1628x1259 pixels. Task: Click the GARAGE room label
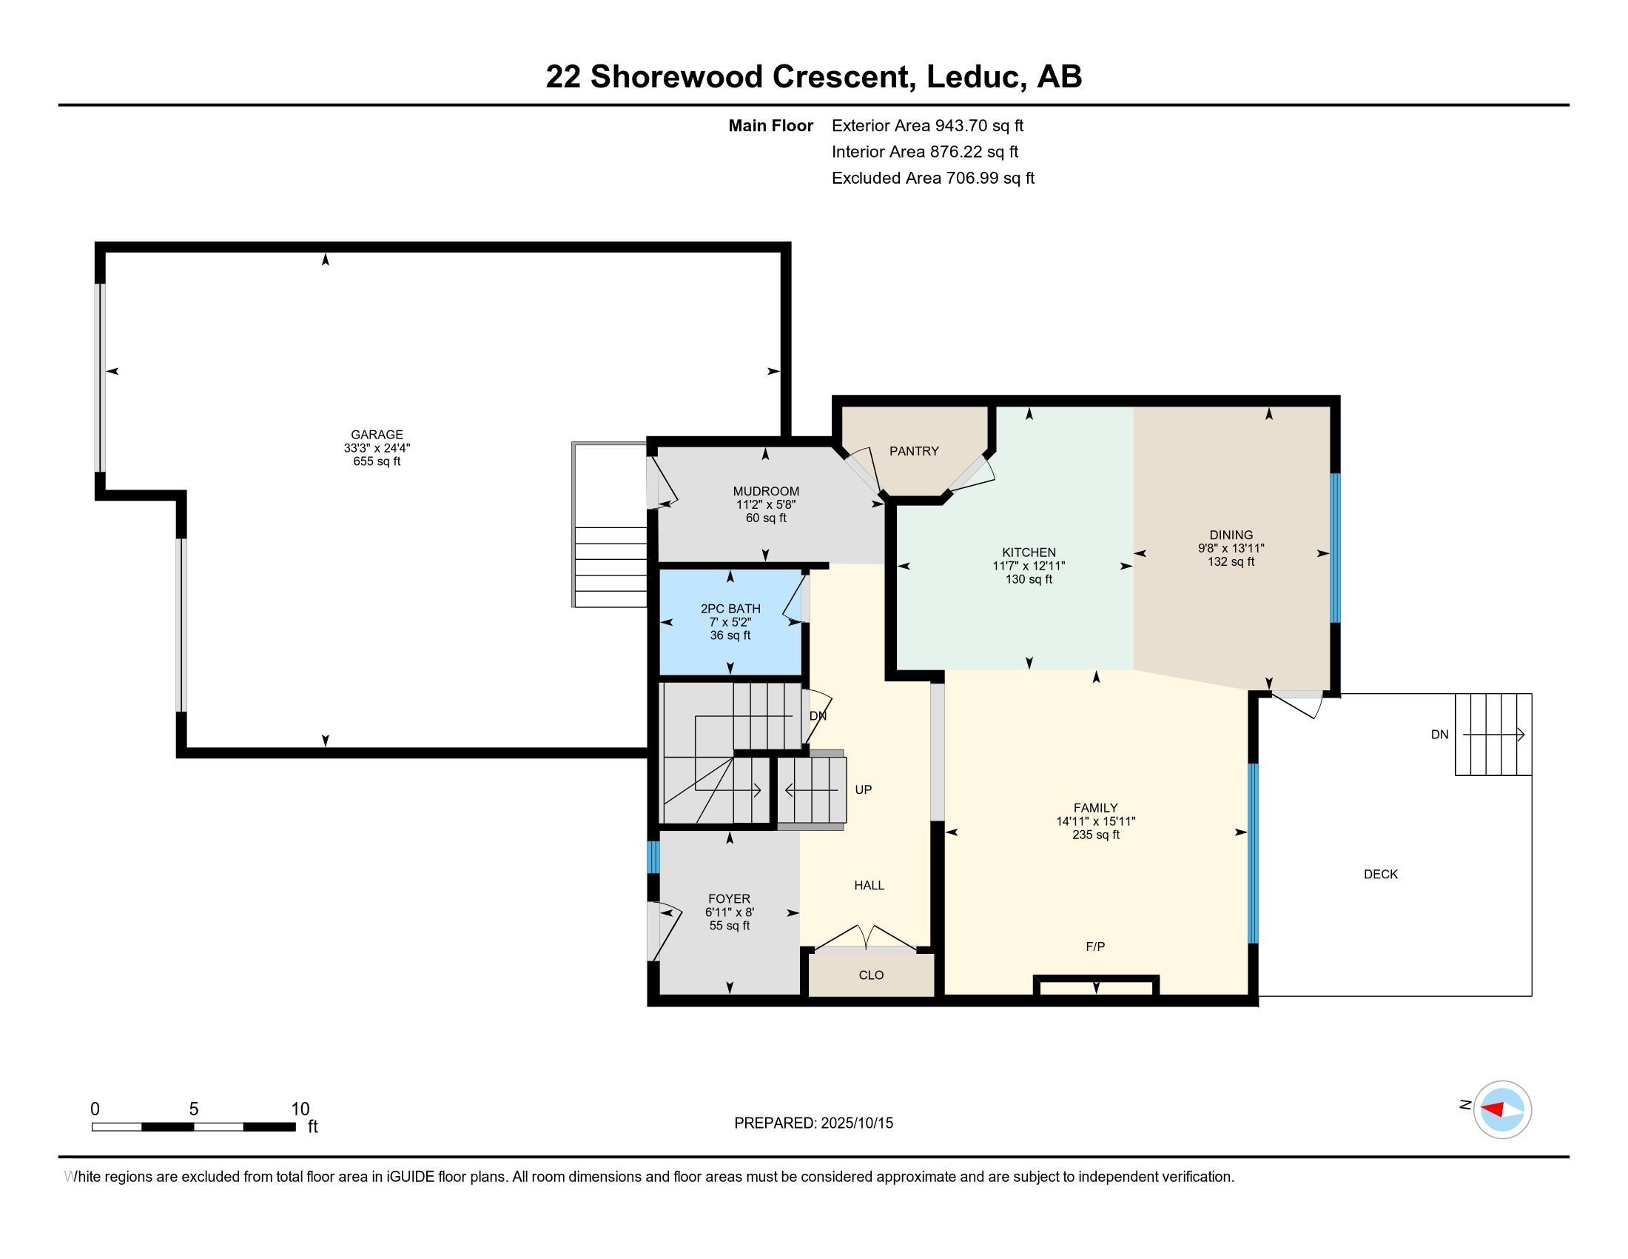pos(377,434)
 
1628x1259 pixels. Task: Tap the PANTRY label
pos(914,451)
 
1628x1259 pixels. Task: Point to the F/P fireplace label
pos(1095,946)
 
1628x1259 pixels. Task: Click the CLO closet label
pos(871,975)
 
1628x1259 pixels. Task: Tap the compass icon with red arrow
pos(1502,1109)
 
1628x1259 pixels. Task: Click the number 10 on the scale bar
pos(300,1109)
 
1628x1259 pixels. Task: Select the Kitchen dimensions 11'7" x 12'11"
pos(1029,566)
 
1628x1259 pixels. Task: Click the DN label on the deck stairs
pos(1439,735)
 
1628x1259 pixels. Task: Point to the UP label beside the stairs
pos(863,789)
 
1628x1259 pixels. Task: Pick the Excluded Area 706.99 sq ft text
pos(932,178)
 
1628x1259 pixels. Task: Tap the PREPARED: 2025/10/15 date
pos(813,1123)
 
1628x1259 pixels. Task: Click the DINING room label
pos(1231,535)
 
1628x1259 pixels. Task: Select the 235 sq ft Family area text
pos(1096,835)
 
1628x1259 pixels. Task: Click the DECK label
pos(1381,874)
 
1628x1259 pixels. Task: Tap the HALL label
pos(869,885)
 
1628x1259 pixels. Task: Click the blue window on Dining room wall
pos(1335,548)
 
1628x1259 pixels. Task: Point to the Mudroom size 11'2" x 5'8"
pos(766,504)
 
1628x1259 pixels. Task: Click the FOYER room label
pos(729,899)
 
